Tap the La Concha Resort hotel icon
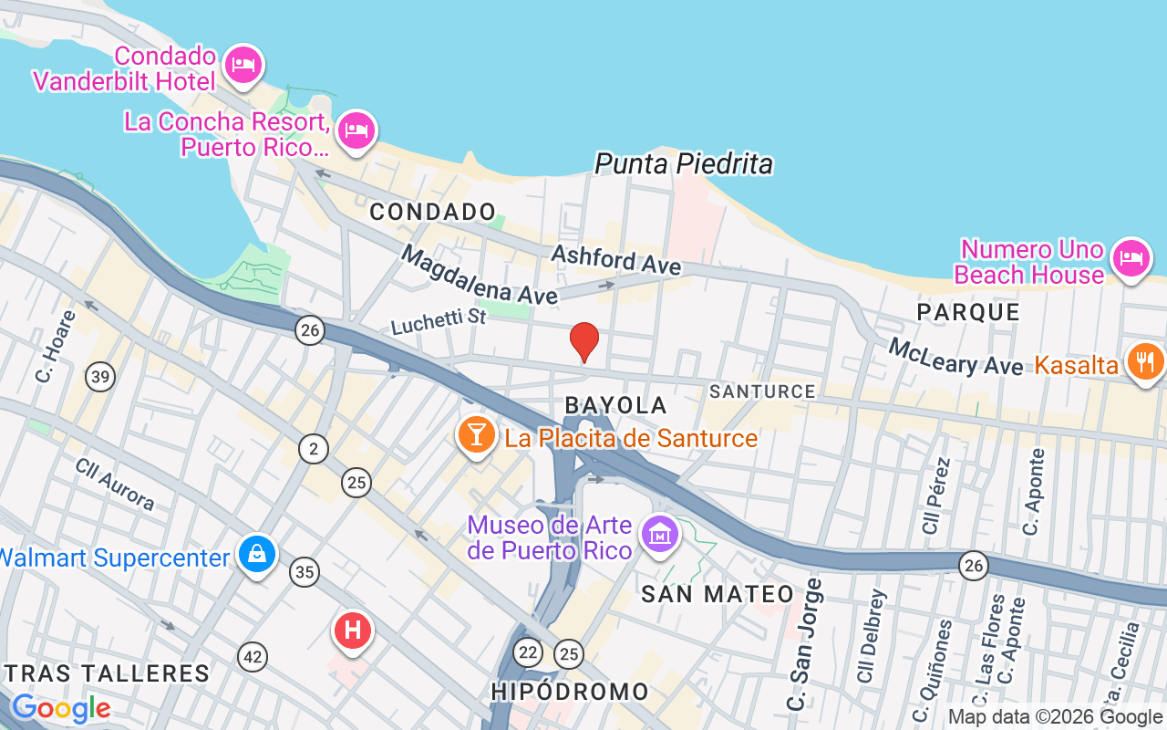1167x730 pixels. point(356,132)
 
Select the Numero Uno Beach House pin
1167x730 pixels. point(1131,258)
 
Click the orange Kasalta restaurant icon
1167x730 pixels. point(1145,361)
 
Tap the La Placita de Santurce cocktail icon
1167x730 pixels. point(475,434)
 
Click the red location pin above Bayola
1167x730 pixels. point(583,342)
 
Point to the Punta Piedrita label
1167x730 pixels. point(684,164)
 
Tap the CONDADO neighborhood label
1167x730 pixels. point(433,212)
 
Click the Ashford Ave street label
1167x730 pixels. point(615,259)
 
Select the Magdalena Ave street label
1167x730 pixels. point(479,276)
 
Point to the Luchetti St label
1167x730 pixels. point(439,320)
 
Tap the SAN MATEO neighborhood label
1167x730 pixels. point(718,594)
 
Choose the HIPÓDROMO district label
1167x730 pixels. point(570,692)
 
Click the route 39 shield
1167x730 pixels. point(100,375)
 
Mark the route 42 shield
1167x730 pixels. point(253,655)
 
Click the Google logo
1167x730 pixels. point(61,708)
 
